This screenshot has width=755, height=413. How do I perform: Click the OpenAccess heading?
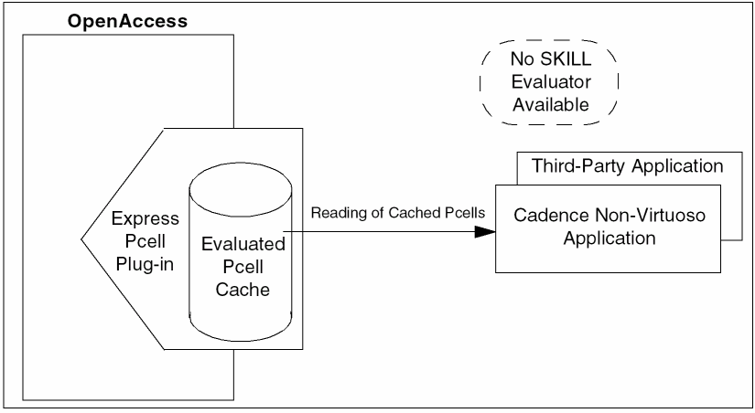[x=127, y=19]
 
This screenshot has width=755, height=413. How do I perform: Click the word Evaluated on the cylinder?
[x=244, y=244]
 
